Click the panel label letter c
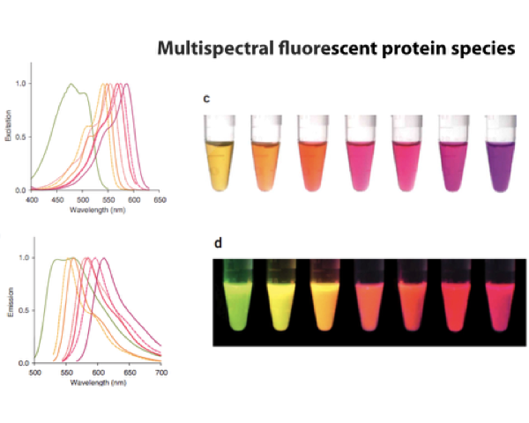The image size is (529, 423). pos(206,99)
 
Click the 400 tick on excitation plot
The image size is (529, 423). pos(32,200)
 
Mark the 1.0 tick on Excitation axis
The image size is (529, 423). pos(21,84)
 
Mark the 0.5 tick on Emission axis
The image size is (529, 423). pos(21,310)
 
